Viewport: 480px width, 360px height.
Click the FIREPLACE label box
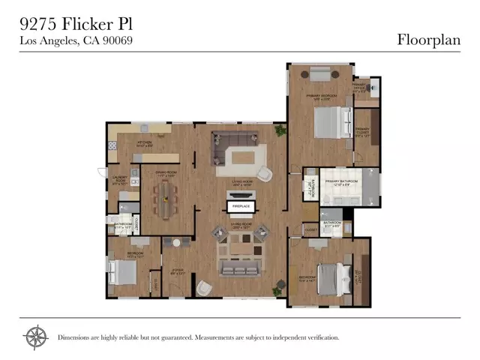[x=241, y=205]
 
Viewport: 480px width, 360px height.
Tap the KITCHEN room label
[x=145, y=142]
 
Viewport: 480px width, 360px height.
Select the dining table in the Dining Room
[x=164, y=200]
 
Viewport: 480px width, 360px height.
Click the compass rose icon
[x=35, y=337]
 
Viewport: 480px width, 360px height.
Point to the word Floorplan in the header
[x=428, y=40]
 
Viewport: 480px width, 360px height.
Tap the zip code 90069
[x=118, y=40]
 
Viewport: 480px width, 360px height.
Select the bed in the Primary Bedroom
[x=331, y=123]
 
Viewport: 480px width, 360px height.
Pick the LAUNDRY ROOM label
[x=119, y=179]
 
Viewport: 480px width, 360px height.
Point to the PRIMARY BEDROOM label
[x=321, y=97]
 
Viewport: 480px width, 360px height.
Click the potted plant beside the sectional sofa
[x=280, y=131]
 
